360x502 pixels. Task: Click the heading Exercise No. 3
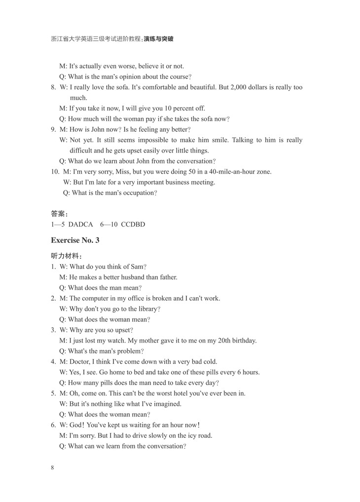point(75,240)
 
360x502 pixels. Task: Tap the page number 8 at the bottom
point(52,467)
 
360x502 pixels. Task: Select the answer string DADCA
point(80,224)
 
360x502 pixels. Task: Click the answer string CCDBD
point(133,224)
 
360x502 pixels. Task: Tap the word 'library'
point(146,309)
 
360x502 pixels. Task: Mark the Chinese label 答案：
point(59,214)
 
